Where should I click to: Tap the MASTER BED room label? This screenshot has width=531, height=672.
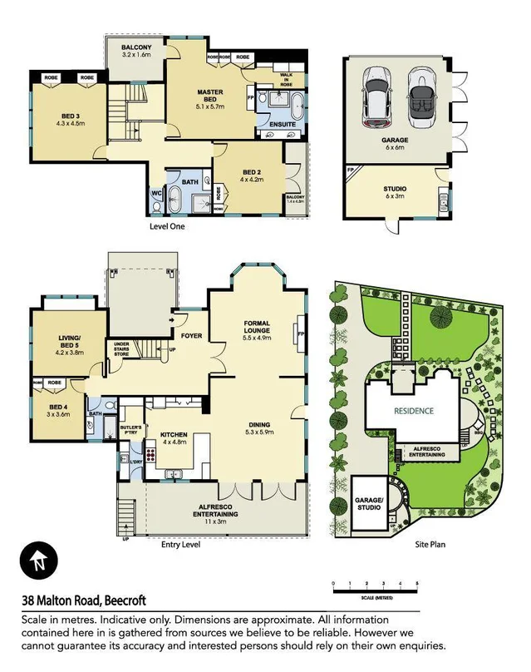coord(208,97)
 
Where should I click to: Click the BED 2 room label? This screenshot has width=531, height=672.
coord(250,174)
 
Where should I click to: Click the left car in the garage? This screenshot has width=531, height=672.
coord(378,96)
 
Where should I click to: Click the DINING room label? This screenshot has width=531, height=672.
coord(258,427)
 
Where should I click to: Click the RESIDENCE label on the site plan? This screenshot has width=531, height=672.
coord(413,411)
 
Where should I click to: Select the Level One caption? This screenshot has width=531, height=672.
coord(166,225)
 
